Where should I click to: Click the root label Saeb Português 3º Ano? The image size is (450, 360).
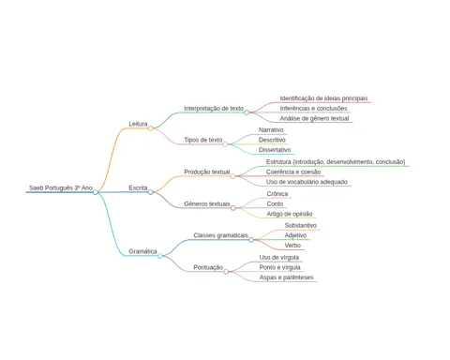click(x=61, y=187)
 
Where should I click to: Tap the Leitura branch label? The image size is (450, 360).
click(x=138, y=124)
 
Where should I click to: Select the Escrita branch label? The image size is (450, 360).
click(x=138, y=187)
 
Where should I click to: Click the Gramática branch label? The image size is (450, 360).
click(x=142, y=251)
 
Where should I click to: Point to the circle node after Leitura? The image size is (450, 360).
click(x=151, y=128)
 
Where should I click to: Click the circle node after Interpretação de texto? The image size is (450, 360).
click(x=247, y=112)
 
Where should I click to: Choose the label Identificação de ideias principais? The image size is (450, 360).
click(x=323, y=98)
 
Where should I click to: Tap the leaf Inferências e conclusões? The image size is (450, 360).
click(x=313, y=109)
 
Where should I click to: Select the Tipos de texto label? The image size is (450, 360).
click(x=203, y=140)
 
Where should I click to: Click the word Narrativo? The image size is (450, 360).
click(x=271, y=129)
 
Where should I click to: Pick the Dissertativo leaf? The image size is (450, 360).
click(x=275, y=150)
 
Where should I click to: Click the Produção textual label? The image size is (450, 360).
click(x=207, y=172)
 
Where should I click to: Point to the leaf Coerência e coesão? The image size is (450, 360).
click(x=293, y=172)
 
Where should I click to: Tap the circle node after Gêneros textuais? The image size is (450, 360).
click(x=233, y=208)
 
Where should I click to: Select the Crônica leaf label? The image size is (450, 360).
click(x=277, y=194)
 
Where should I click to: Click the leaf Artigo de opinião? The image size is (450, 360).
click(x=290, y=214)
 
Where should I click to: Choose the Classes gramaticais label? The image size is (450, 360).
click(x=220, y=235)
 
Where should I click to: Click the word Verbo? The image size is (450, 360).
click(x=292, y=246)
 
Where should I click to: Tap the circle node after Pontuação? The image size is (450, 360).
click(x=226, y=272)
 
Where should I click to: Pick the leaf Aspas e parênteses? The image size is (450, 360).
click(x=286, y=277)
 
